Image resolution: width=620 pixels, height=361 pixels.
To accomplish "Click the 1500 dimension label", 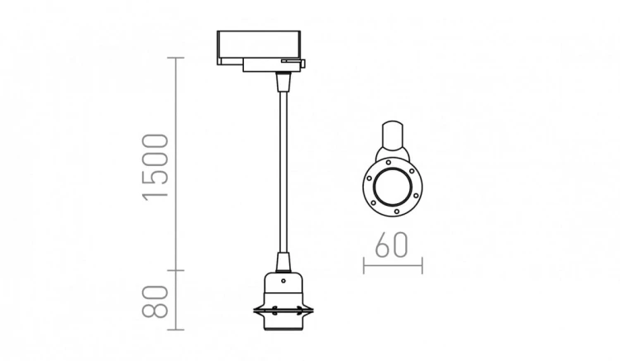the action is click(155, 168).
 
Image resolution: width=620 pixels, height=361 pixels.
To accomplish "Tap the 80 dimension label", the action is click(155, 301).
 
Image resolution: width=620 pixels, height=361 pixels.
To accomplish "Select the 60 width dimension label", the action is click(391, 245).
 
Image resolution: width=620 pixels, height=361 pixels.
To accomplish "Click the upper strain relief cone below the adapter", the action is click(284, 81).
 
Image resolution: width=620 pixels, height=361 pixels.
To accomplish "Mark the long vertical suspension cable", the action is click(284, 172).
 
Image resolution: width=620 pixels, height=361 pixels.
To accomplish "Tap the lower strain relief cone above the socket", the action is click(283, 263).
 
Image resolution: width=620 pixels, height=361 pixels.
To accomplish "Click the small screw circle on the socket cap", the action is click(283, 281).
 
